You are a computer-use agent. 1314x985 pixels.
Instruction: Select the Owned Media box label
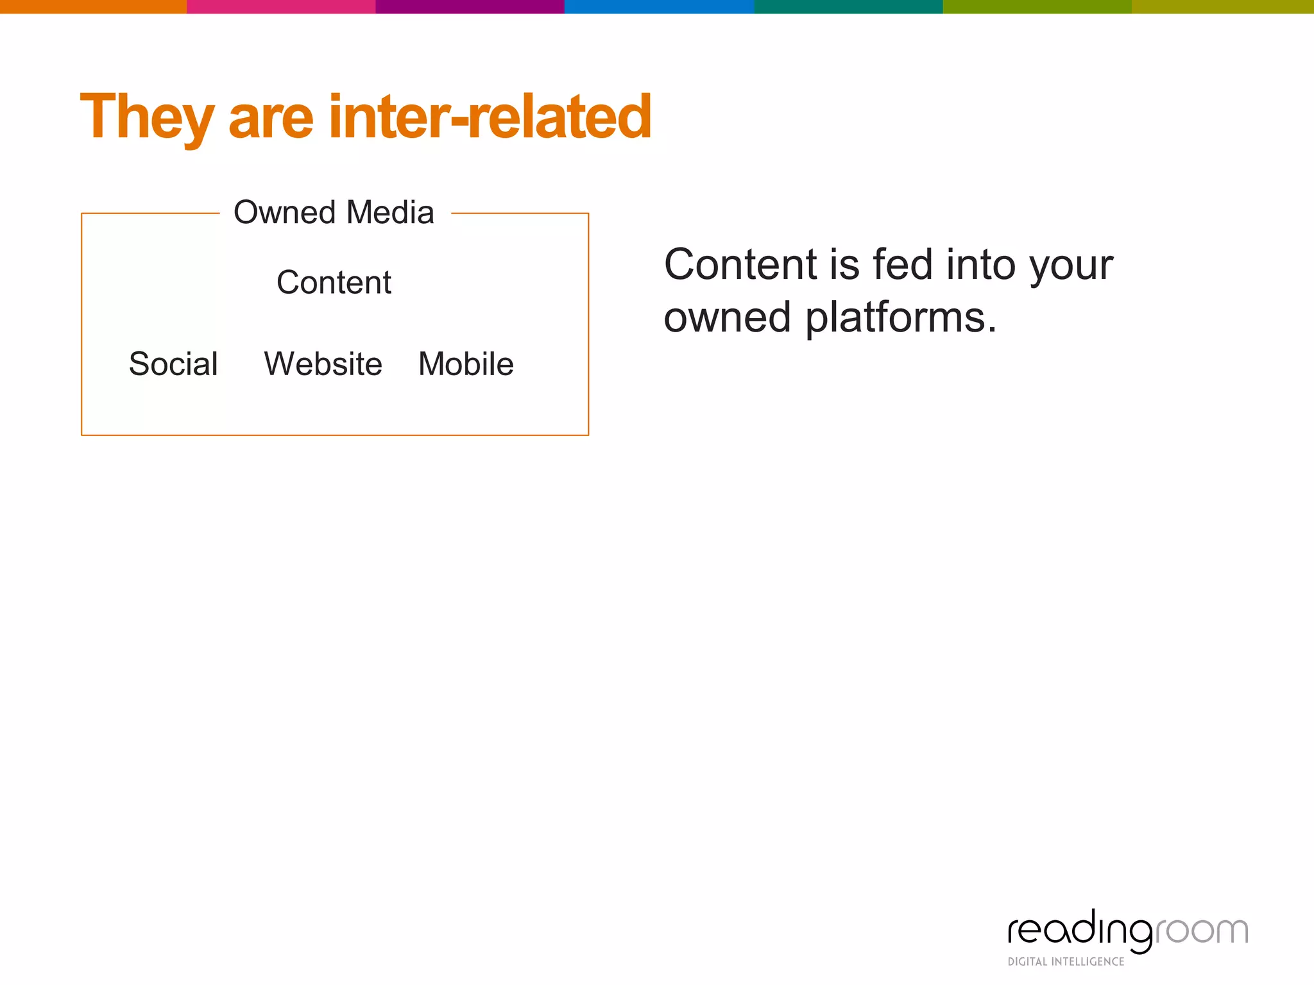[334, 212]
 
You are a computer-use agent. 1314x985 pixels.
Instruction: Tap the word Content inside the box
[334, 282]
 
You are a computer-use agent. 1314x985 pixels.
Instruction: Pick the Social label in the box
[173, 364]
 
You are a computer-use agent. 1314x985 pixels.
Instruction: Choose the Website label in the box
[323, 364]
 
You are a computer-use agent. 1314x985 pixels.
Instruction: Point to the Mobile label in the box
[466, 364]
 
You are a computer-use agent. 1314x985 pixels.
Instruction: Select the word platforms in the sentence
[900, 318]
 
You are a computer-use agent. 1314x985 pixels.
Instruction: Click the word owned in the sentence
[727, 318]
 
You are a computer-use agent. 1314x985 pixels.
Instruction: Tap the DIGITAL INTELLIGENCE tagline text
[1066, 962]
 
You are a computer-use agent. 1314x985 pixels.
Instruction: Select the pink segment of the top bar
[280, 6]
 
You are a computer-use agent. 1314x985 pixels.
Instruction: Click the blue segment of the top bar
[658, 6]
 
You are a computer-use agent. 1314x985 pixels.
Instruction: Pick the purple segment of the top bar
[470, 6]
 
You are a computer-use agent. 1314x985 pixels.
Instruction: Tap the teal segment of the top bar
[848, 6]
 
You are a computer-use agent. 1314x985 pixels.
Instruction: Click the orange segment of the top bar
[93, 6]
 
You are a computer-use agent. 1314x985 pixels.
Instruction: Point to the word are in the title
[271, 118]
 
